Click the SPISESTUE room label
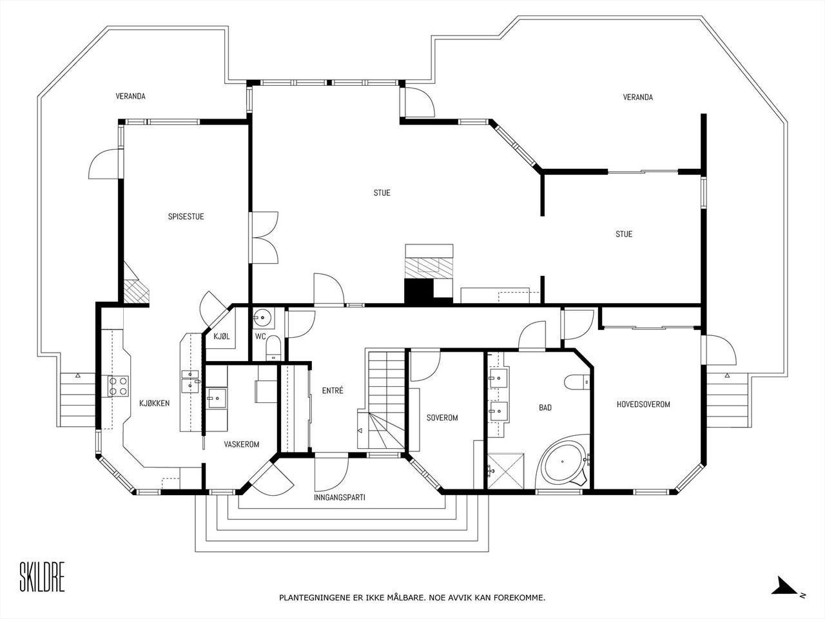[x=186, y=217]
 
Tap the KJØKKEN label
[x=154, y=403]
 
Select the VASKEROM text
[x=242, y=444]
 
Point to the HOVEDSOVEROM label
[x=643, y=404]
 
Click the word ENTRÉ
[x=333, y=391]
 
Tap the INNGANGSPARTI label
[x=340, y=497]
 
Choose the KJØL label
[x=221, y=336]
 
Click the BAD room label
[x=545, y=408]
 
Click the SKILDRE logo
[x=42, y=576]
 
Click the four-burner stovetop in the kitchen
[x=118, y=386]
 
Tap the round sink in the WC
[x=262, y=318]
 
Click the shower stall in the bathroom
[x=505, y=471]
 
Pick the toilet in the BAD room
[x=577, y=382]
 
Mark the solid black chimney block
[x=419, y=291]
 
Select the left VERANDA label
[x=130, y=96]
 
